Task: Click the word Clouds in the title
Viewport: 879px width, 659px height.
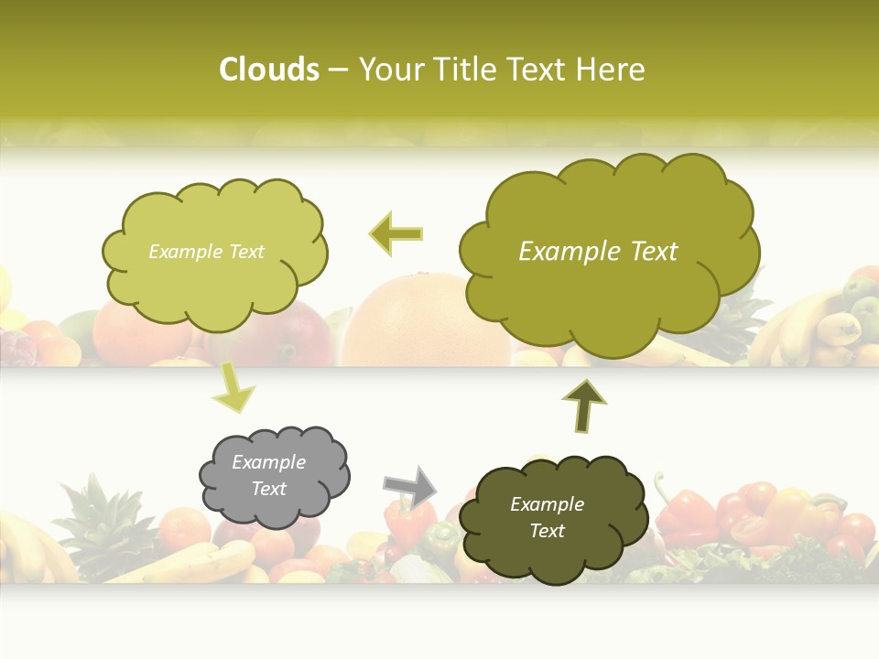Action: pyautogui.click(x=268, y=70)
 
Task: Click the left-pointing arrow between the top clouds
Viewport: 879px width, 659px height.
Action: pyautogui.click(x=396, y=233)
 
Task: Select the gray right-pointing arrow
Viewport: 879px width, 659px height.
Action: pyautogui.click(x=409, y=486)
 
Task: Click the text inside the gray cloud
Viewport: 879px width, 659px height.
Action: pyautogui.click(x=268, y=475)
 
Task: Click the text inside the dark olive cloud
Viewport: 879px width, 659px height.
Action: pyautogui.click(x=547, y=517)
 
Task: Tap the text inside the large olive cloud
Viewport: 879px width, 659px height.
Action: pyautogui.click(x=598, y=252)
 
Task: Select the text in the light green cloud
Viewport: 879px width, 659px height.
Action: pyautogui.click(x=206, y=252)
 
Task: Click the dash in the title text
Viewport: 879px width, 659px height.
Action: pyautogui.click(x=338, y=70)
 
